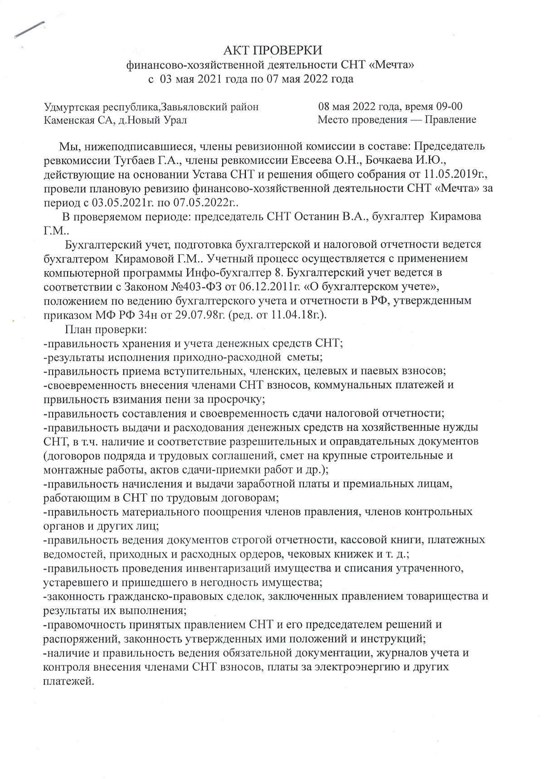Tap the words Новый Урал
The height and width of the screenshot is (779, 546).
(162, 120)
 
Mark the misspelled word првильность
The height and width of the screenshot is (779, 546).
(74, 399)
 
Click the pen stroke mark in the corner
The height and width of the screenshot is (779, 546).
(30, 29)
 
